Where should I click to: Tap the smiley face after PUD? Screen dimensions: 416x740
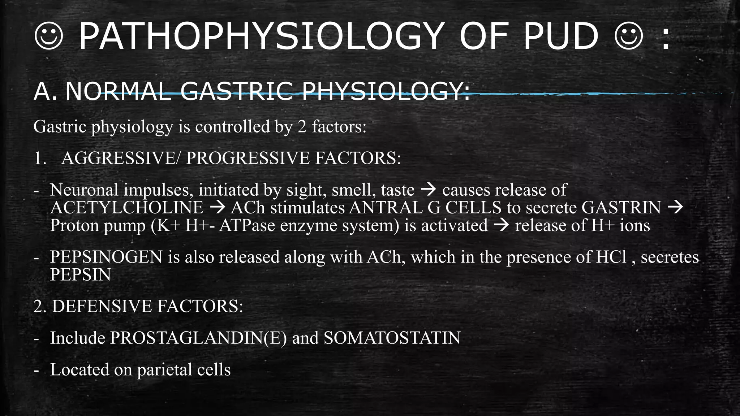(x=629, y=36)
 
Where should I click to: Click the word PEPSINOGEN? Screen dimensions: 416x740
(x=106, y=257)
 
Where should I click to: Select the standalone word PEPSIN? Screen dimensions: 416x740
(x=80, y=275)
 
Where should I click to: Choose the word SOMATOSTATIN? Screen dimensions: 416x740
(x=392, y=338)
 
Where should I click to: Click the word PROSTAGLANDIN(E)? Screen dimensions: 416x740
(x=198, y=338)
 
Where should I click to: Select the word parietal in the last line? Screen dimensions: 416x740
(x=165, y=370)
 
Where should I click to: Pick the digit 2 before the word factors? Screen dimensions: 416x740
(x=302, y=127)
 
